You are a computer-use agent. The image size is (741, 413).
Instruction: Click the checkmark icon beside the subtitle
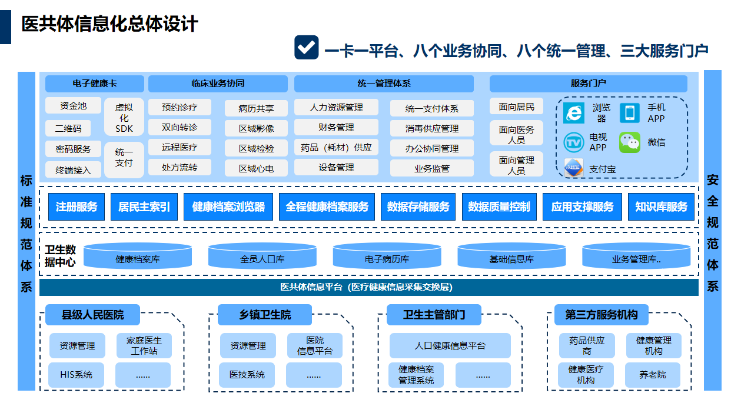(x=306, y=48)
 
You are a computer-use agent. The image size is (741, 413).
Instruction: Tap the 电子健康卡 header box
(x=94, y=84)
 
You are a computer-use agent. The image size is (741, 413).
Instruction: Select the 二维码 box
(x=68, y=128)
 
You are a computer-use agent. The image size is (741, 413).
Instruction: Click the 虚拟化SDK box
(x=124, y=118)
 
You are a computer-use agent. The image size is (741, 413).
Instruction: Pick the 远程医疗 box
(x=180, y=147)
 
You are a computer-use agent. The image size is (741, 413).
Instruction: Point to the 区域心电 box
(x=256, y=168)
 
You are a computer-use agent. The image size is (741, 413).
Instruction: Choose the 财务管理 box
(x=336, y=127)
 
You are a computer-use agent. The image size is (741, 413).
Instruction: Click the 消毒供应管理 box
(x=431, y=128)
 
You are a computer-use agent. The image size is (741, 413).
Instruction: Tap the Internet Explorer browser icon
(x=574, y=113)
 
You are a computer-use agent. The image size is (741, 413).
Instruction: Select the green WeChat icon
(x=629, y=142)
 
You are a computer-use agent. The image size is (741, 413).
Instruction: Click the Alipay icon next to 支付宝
(x=573, y=169)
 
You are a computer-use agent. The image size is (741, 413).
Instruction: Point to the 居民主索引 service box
(x=144, y=207)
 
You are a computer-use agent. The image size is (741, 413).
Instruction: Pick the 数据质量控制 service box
(x=499, y=207)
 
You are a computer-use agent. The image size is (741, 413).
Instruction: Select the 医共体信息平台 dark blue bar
(x=369, y=287)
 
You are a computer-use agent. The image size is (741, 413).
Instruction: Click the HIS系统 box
(x=77, y=375)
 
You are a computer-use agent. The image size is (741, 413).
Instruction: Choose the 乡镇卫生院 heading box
(x=265, y=315)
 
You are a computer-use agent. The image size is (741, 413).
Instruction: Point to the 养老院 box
(x=653, y=375)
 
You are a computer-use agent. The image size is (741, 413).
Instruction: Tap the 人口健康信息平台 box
(x=450, y=346)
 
